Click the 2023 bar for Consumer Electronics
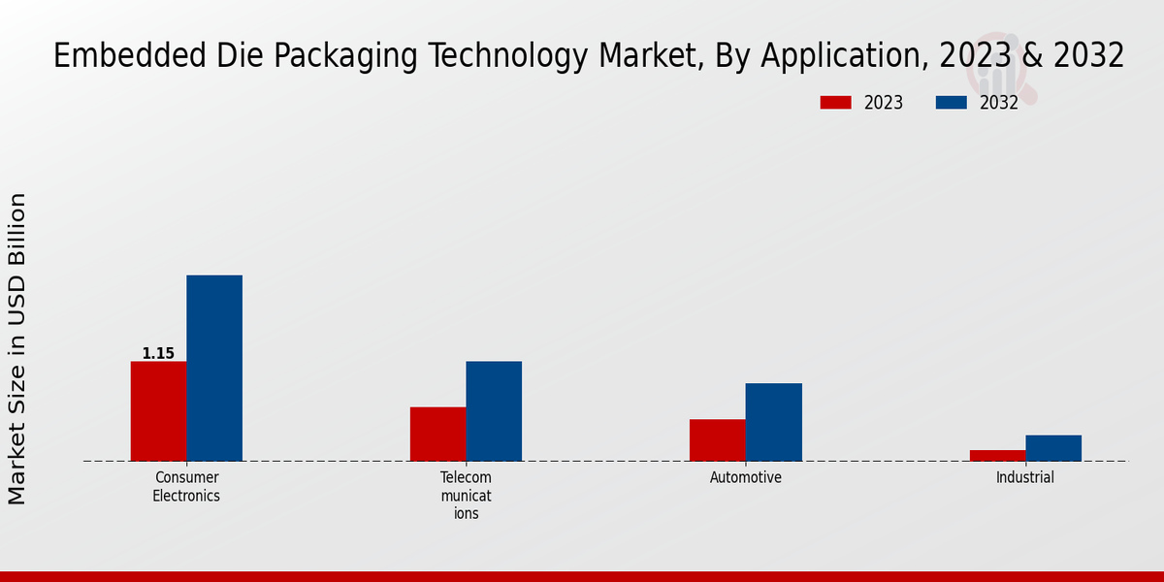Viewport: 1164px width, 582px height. click(x=158, y=411)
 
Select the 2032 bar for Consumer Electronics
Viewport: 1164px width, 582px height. click(x=214, y=369)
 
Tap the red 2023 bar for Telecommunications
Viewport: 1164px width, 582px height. click(x=437, y=434)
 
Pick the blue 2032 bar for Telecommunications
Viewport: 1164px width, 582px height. click(x=494, y=411)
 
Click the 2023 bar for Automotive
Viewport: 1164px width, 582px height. click(x=717, y=440)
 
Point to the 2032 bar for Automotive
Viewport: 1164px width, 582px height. click(x=773, y=422)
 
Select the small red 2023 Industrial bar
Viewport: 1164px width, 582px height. click(x=997, y=455)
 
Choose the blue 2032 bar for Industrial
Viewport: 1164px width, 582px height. click(x=1053, y=448)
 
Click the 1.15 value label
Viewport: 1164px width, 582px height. click(x=158, y=354)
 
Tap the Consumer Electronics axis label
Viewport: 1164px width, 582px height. click(x=186, y=487)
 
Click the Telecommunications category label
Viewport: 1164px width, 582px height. click(x=466, y=496)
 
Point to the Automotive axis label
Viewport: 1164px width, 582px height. click(x=745, y=478)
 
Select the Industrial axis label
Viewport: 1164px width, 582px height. click(x=1024, y=478)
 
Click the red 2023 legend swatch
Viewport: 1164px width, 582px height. click(x=835, y=103)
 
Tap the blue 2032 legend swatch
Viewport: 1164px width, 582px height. click(x=951, y=103)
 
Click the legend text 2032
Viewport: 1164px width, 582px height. click(x=999, y=103)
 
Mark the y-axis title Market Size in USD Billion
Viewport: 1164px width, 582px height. click(x=17, y=349)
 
